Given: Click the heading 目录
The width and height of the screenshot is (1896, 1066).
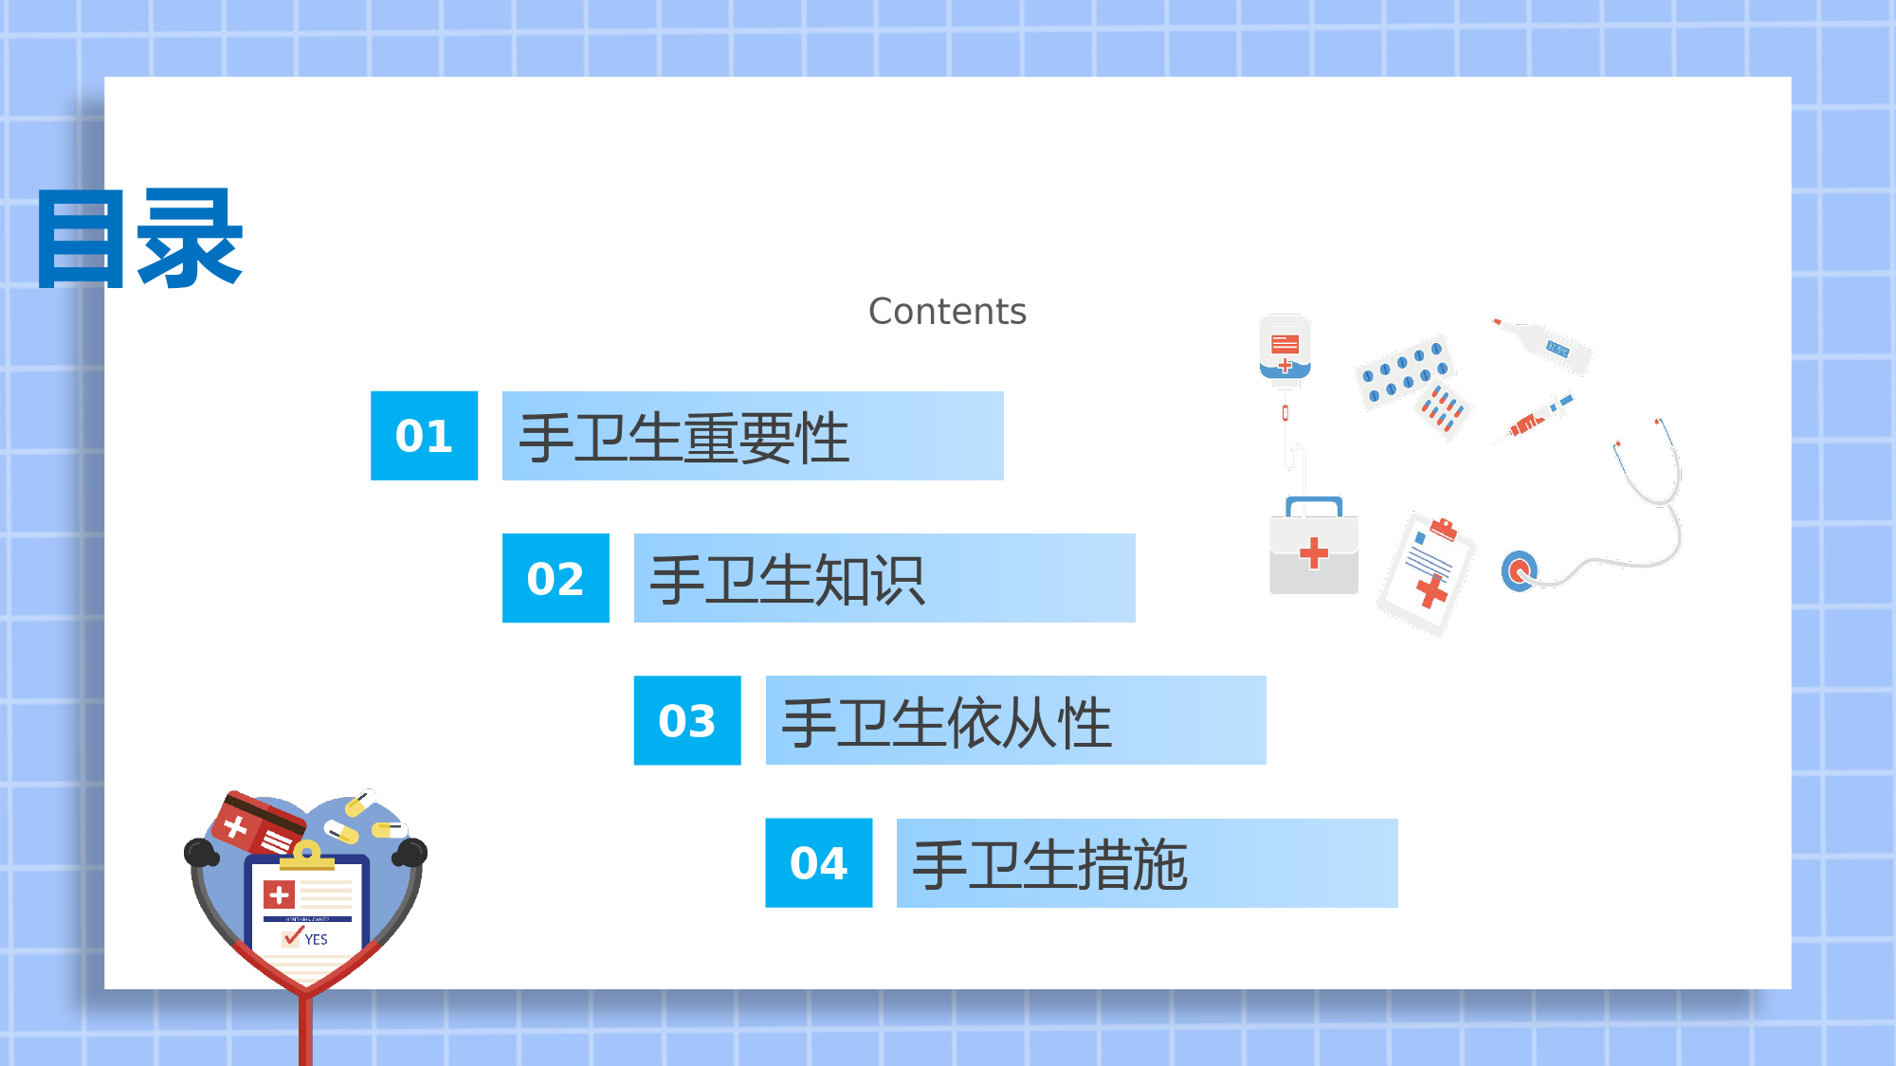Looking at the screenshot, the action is (x=139, y=239).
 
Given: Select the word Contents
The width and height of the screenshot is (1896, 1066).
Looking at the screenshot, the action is (x=947, y=312).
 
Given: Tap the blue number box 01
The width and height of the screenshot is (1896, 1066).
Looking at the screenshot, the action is (x=424, y=436).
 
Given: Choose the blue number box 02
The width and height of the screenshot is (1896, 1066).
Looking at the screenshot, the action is (x=556, y=578).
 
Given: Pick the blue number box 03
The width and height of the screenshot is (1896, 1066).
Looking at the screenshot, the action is (x=687, y=720).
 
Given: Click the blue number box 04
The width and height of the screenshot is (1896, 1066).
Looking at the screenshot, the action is (x=819, y=863).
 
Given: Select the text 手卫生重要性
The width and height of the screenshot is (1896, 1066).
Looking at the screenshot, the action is (x=684, y=438).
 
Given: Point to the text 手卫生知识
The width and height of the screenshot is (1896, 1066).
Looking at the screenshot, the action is (x=788, y=580).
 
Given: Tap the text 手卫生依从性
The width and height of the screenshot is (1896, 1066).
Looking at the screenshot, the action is (x=946, y=722).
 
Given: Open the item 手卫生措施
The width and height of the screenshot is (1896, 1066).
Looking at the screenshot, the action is (x=1049, y=865).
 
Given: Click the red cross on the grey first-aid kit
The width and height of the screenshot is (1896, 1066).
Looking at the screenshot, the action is (x=1314, y=552).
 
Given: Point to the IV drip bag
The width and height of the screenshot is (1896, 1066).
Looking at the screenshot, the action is (x=1285, y=348).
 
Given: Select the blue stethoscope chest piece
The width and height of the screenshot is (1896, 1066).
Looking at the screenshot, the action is (x=1520, y=570).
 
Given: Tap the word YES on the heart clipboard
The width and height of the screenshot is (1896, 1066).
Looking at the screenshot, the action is (x=317, y=939).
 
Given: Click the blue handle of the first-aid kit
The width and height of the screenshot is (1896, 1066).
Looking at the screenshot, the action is (x=1314, y=505).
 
